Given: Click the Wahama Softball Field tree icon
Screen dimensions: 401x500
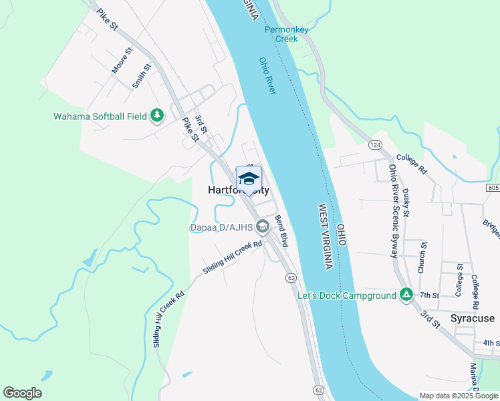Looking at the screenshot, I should tap(158, 116).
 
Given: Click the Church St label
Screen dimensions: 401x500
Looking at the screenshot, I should tap(421, 258).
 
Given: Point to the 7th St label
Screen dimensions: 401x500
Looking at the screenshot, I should tap(428, 295).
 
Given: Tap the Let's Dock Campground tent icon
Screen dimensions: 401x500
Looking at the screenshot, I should tap(406, 294).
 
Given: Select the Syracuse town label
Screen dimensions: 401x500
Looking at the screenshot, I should tap(472, 318).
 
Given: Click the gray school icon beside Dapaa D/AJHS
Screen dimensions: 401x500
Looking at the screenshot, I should tap(263, 227).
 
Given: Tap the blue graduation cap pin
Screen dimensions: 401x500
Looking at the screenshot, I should tap(249, 179).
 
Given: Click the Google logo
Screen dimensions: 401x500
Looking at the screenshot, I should tap(22, 393).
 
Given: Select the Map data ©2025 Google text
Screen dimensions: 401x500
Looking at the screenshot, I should tap(458, 396).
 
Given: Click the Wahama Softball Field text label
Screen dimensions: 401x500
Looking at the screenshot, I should tap(100, 116).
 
